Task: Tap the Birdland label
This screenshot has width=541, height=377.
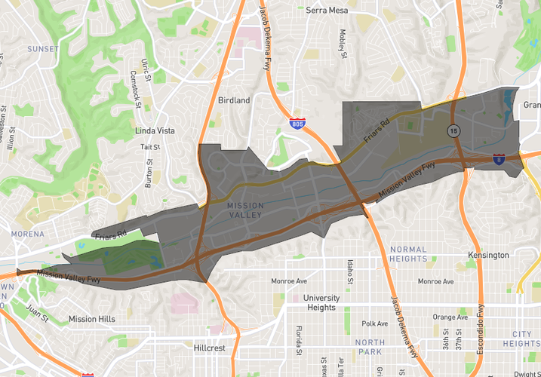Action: [233, 100]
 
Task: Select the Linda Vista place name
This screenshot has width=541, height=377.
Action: [155, 130]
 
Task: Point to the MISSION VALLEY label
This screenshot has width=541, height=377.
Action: [246, 210]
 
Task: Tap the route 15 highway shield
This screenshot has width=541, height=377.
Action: [453, 130]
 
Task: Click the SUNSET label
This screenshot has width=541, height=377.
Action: [42, 49]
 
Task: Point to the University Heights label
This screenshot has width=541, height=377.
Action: [321, 302]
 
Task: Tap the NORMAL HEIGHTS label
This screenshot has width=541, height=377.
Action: [408, 254]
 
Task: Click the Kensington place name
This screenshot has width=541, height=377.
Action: [488, 256]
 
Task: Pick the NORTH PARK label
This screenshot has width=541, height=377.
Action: [370, 348]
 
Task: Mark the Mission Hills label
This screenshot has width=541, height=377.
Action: [92, 319]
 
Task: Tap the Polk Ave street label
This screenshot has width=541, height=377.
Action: [374, 323]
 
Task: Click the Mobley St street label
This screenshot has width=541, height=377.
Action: [343, 44]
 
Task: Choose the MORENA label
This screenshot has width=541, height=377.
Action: [27, 234]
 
